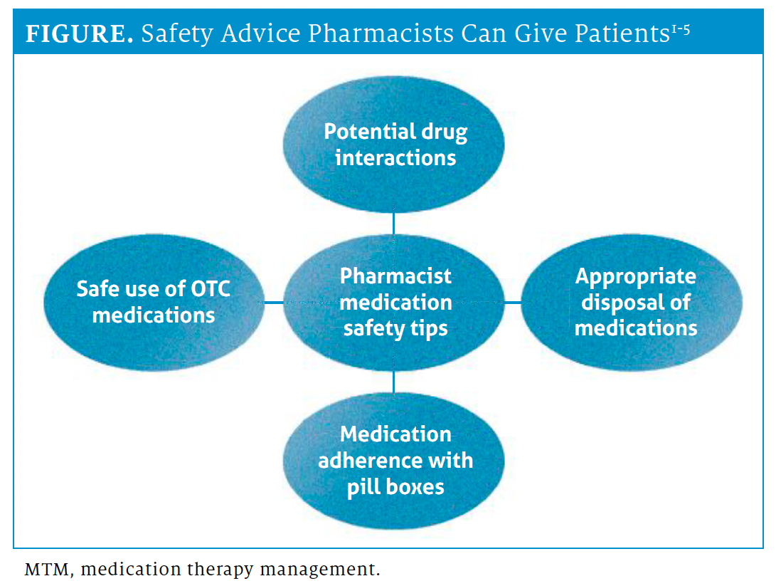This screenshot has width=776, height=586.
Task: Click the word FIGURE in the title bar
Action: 78,35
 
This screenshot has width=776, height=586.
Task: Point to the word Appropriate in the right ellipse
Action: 635,276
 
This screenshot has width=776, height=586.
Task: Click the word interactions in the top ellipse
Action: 395,157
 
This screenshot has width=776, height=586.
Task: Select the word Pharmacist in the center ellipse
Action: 395,276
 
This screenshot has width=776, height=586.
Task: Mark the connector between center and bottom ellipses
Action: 394,380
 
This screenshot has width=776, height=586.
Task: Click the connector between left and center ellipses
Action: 274,303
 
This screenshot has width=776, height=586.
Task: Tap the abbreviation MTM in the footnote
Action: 42,570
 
